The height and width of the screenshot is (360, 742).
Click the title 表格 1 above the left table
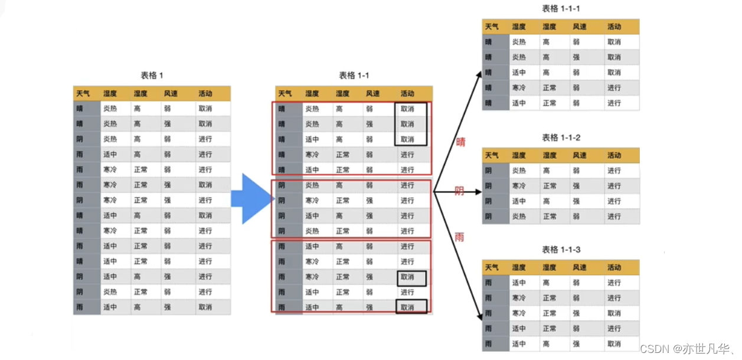pyautogui.click(x=152, y=76)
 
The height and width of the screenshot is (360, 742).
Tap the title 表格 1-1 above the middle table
pyautogui.click(x=354, y=76)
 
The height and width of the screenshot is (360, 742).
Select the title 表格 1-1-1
pyautogui.click(x=561, y=9)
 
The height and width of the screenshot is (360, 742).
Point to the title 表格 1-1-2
pyautogui.click(x=561, y=138)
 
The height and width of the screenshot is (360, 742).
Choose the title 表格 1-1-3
pyautogui.click(x=561, y=250)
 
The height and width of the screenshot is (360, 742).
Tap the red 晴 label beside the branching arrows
pyautogui.click(x=460, y=142)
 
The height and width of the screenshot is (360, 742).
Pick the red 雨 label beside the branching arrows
pyautogui.click(x=459, y=237)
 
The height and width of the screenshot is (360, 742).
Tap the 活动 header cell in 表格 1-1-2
pyautogui.click(x=614, y=156)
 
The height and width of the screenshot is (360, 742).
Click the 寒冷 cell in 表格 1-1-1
pyautogui.click(x=519, y=88)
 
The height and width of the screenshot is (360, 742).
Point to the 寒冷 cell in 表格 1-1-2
pyautogui.click(x=519, y=186)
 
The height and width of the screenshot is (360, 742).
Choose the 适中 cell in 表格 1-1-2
pyautogui.click(x=519, y=201)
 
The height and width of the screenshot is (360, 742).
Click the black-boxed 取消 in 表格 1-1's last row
pyautogui.click(x=411, y=307)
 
